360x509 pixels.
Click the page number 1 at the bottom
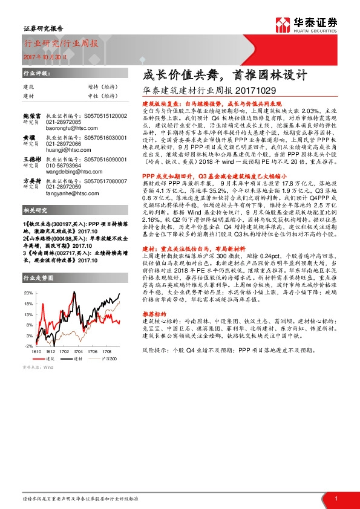pyautogui.click(x=335, y=498)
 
